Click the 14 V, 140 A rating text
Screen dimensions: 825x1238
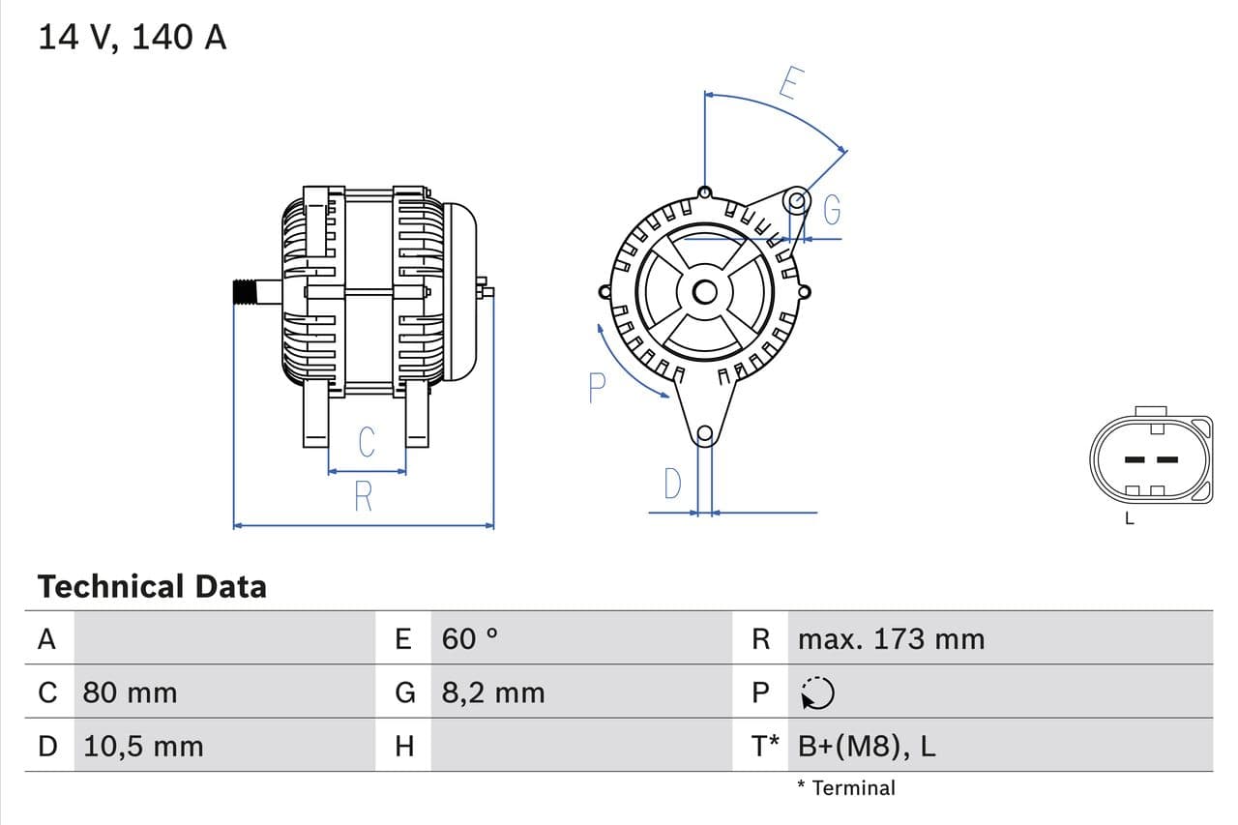(x=133, y=38)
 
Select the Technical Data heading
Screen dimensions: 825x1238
(x=152, y=586)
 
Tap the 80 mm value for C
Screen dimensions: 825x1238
(x=130, y=692)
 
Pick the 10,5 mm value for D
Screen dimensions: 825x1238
(x=143, y=746)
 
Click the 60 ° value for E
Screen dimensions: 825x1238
(x=470, y=638)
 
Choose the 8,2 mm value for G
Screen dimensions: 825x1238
(x=492, y=692)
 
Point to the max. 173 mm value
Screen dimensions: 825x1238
(x=891, y=638)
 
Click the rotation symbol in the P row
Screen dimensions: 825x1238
(x=818, y=692)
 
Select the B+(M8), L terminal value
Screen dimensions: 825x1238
(x=867, y=746)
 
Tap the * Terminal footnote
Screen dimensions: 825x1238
(x=846, y=787)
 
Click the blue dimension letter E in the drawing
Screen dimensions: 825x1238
(x=788, y=84)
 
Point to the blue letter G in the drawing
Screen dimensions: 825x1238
(x=832, y=210)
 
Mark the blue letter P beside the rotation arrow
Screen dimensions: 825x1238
(x=597, y=389)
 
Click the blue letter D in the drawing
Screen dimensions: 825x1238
(x=673, y=484)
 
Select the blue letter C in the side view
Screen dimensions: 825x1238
(x=367, y=442)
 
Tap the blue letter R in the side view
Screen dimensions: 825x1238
(x=363, y=497)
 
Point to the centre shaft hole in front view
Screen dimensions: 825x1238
(x=705, y=291)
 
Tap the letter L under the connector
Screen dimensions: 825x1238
(x=1129, y=518)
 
